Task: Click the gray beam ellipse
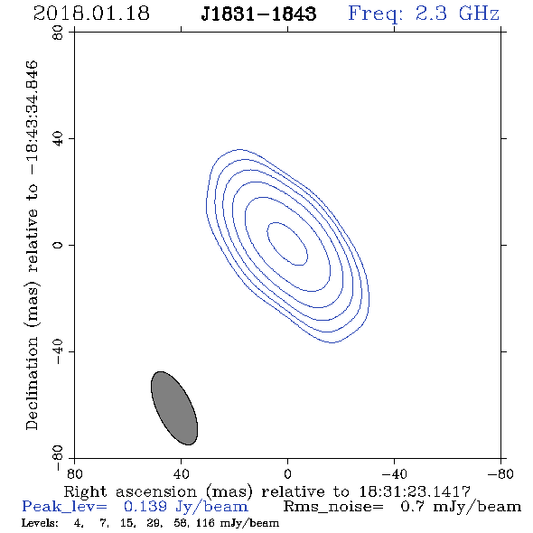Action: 174,408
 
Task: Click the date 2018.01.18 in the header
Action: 91,14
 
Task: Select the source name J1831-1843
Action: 258,14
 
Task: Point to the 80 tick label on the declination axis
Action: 58,33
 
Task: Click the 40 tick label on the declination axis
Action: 58,138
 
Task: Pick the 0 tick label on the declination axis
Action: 58,245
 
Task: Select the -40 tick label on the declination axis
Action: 58,351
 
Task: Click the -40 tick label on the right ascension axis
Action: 394,473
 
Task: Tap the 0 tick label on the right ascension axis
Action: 287,473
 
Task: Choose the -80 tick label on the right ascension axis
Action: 500,473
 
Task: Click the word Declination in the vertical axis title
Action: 32,383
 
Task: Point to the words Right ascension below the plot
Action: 130,491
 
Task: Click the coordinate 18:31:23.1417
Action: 415,491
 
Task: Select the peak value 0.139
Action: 145,507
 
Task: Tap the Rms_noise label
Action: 333,507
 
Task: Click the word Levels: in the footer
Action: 40,523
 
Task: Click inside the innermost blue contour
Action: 287,244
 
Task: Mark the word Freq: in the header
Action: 376,14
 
